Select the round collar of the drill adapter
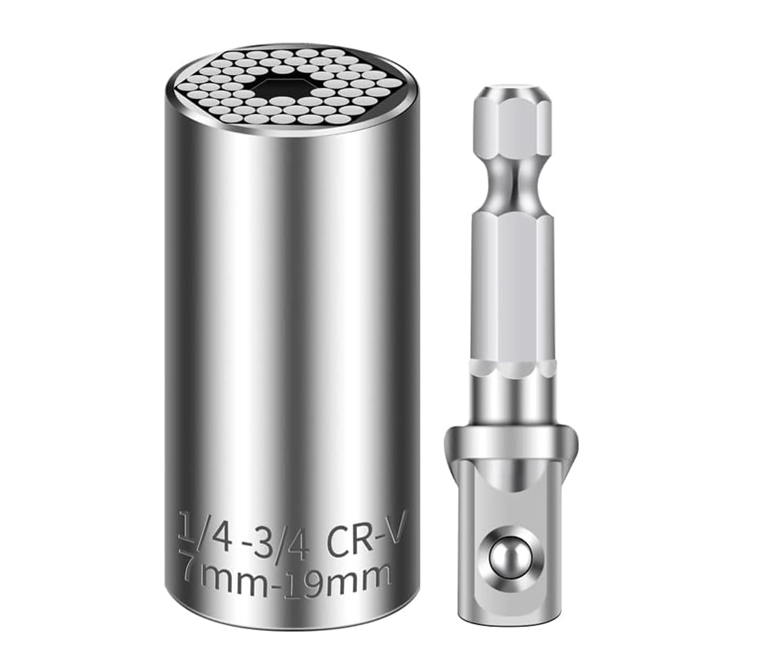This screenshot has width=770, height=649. pos(512,438)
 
